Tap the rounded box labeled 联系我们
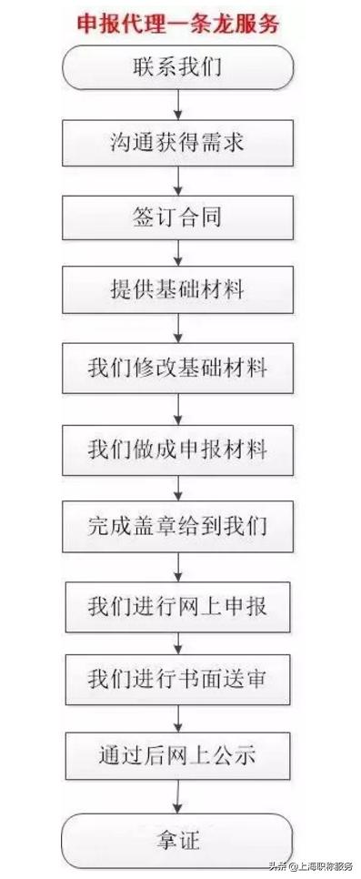click(x=177, y=66)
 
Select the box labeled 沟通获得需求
click(x=177, y=143)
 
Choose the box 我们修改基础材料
click(x=177, y=369)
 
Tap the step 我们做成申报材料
click(x=177, y=447)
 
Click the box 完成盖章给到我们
click(x=177, y=526)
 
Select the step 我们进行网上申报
click(x=177, y=603)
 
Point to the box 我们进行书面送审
click(x=177, y=679)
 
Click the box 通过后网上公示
click(x=177, y=754)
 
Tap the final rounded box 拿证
click(x=177, y=834)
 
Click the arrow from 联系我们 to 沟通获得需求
click(x=178, y=105)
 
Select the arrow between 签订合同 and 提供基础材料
click(x=178, y=254)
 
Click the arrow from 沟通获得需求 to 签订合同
click(x=178, y=180)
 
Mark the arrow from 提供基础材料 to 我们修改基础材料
click(x=178, y=328)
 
